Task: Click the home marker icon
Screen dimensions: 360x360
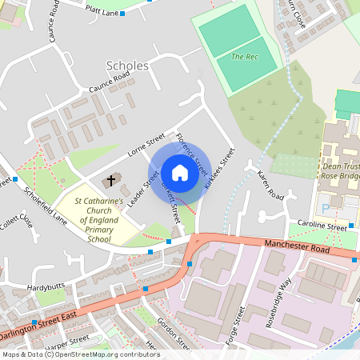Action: tap(179, 172)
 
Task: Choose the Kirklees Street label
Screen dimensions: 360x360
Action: tap(220, 168)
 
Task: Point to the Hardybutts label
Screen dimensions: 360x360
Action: tap(46, 286)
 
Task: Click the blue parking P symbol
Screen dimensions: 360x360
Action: tap(326, 208)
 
